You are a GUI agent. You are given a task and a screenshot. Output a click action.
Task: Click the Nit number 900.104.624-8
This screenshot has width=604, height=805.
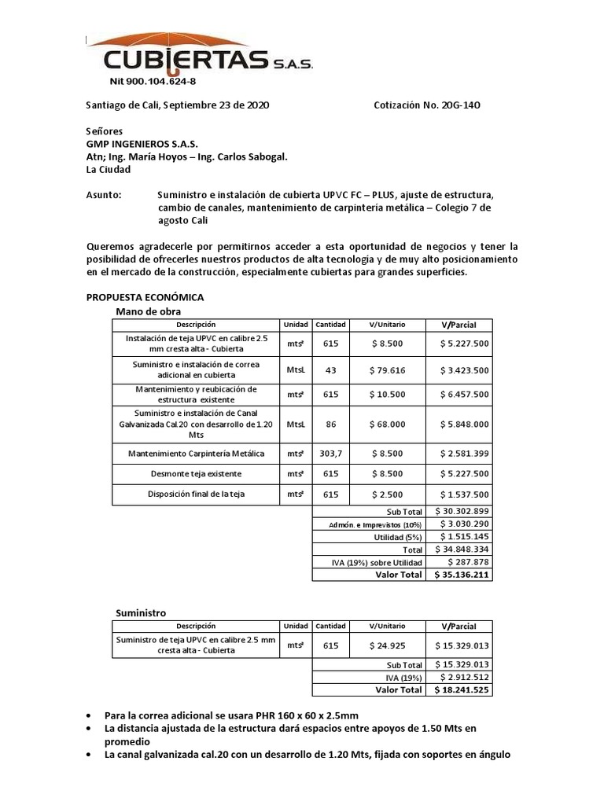tap(152, 81)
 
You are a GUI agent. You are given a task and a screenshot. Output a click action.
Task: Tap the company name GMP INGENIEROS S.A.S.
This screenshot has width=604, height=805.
tap(142, 145)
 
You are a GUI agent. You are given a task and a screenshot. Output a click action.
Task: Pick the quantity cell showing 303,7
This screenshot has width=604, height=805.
tap(331, 453)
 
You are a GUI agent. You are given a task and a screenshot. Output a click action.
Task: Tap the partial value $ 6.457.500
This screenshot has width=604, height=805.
tap(462, 394)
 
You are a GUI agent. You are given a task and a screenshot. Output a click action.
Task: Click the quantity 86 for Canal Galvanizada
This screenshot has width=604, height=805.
tap(331, 424)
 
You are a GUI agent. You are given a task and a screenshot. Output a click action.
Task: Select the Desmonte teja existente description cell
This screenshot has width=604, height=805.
tap(196, 474)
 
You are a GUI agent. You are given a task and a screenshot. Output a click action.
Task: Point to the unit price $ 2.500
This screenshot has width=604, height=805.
tap(387, 494)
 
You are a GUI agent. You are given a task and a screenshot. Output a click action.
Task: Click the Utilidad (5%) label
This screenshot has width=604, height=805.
tap(399, 536)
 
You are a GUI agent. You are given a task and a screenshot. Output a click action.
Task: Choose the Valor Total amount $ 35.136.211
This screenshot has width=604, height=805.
tap(462, 575)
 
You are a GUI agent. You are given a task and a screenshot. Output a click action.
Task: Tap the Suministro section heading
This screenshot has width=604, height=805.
tap(141, 612)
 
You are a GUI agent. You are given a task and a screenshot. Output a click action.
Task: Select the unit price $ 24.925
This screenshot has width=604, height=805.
tap(387, 645)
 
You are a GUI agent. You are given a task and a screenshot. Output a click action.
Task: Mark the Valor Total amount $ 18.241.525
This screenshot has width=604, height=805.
tap(462, 689)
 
